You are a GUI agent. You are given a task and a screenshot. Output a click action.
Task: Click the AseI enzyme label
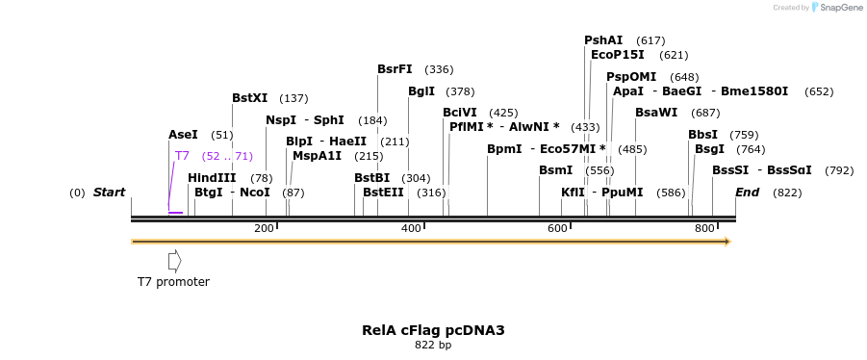183,136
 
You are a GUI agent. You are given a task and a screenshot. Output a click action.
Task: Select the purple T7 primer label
182,156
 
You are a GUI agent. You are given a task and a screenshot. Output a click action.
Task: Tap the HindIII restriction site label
211,178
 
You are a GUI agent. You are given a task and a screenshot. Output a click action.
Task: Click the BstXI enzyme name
250,98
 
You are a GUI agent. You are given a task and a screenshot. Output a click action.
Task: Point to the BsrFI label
395,69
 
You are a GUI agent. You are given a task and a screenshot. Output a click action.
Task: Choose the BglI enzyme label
421,91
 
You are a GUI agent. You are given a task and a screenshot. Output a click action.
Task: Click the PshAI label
603,40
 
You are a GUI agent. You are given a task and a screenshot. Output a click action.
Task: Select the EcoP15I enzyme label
618,55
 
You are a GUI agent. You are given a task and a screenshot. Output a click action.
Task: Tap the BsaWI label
656,113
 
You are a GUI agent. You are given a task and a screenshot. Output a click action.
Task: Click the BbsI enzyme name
702,135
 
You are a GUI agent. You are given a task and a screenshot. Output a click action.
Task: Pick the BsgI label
709,149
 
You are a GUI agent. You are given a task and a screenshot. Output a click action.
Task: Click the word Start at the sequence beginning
109,193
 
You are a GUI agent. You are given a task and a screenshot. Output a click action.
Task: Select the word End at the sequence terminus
748,193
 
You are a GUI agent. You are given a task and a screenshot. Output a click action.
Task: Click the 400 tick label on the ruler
411,228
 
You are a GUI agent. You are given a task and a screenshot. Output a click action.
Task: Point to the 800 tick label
704,228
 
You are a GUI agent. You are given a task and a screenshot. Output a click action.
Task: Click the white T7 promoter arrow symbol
174,260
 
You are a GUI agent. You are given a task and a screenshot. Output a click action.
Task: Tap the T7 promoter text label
173,282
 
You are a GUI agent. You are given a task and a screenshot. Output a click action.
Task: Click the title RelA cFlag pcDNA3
433,330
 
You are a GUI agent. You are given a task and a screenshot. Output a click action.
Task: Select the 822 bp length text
433,345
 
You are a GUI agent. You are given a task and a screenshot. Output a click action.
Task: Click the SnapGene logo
836,8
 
